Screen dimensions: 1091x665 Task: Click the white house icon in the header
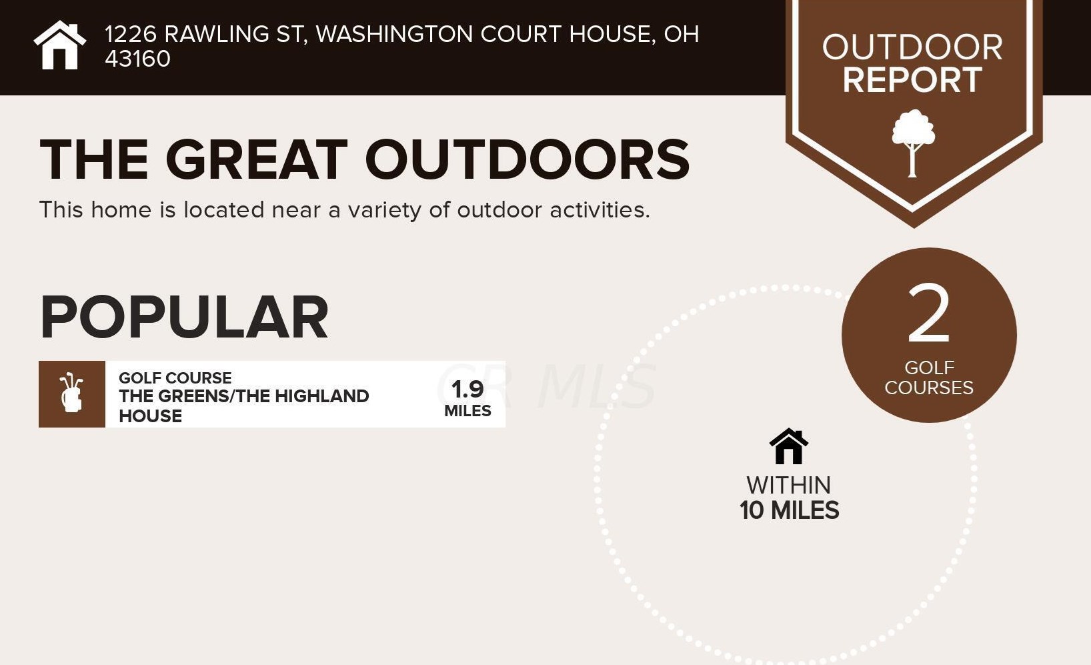coord(60,45)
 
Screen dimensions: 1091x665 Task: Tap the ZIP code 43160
coord(138,59)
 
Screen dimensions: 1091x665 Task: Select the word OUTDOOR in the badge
coord(912,47)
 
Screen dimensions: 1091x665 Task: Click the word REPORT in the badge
coord(912,79)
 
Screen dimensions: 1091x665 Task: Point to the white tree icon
coord(913,143)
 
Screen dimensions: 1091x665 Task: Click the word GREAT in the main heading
coord(257,159)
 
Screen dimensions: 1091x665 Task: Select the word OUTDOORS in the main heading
coord(527,159)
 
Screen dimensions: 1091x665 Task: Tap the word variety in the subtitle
coord(384,211)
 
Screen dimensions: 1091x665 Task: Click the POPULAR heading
coord(184,317)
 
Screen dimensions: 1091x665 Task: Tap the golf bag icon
coord(71,393)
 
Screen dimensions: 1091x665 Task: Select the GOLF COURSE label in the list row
coord(175,378)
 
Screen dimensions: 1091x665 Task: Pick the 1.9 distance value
coord(467,390)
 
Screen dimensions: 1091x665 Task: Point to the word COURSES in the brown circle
coord(929,388)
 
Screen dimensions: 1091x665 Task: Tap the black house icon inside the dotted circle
coord(788,446)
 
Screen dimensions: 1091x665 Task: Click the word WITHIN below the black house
coord(788,485)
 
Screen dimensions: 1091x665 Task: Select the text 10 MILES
coord(789,510)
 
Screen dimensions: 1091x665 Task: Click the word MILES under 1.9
coord(467,411)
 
